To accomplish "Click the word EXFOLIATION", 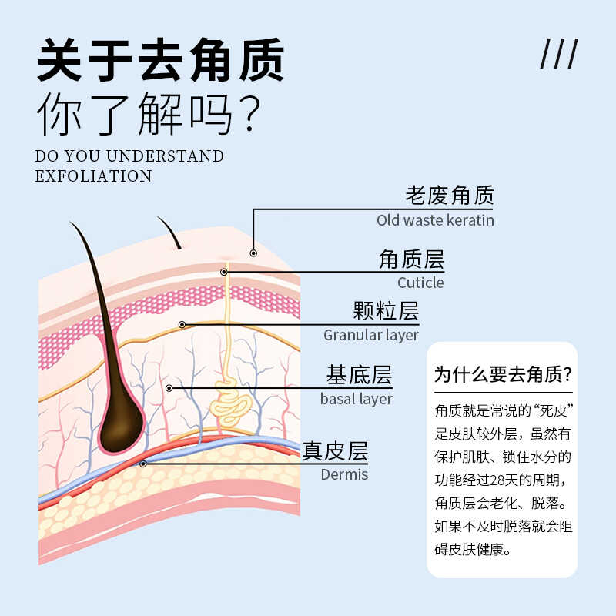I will point(94,176).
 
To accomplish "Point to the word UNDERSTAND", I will point(169,156).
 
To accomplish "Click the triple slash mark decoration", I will point(559,55).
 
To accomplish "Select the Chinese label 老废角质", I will point(450,196).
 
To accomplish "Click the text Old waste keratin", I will point(435,220).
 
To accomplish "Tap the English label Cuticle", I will point(420,283).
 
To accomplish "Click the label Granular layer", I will point(371,335).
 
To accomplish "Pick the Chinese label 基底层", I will point(359,376).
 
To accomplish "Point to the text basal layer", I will point(357,399).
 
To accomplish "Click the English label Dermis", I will point(344,474).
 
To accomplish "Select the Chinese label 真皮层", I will point(335,450).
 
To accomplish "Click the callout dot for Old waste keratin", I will point(253,252).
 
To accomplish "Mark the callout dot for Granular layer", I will point(182,324).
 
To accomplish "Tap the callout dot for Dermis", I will point(143,464).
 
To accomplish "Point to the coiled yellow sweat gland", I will point(228,400).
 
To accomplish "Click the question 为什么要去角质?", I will point(503,375).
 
